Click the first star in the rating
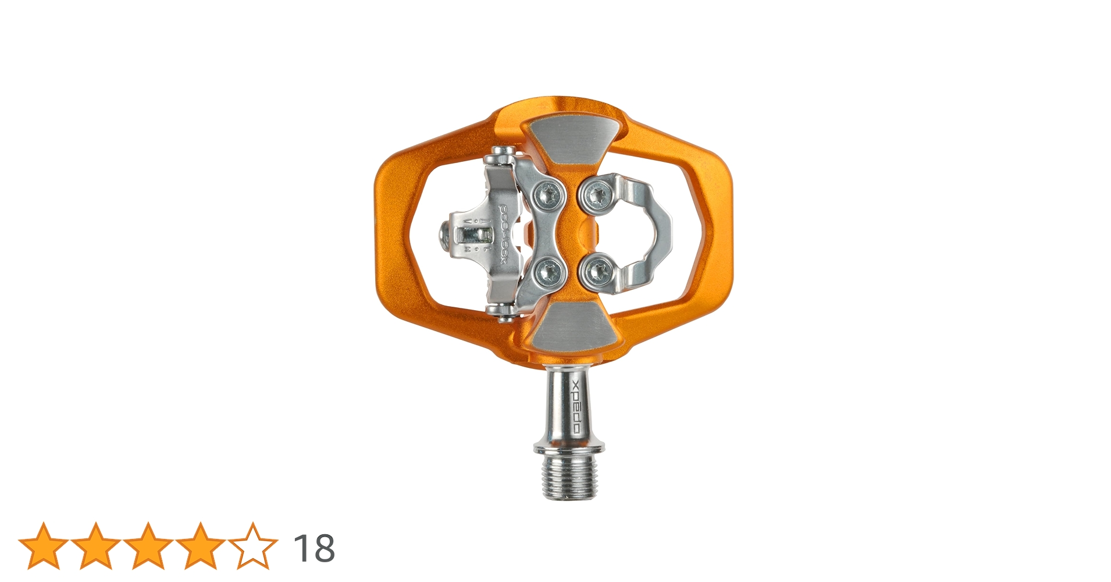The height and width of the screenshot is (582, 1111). (x=44, y=546)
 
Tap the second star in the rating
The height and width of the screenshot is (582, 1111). (x=95, y=546)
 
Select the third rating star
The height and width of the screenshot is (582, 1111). (x=148, y=546)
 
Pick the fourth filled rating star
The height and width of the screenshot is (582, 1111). (x=200, y=546)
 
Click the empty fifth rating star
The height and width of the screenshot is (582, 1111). (x=252, y=546)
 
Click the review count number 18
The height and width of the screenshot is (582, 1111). (x=314, y=548)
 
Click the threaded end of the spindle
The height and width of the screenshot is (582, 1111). (x=568, y=477)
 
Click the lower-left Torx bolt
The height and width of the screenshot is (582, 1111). (x=549, y=270)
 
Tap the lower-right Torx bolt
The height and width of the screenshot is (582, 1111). (x=596, y=271)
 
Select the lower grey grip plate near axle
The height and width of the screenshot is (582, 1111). (x=573, y=326)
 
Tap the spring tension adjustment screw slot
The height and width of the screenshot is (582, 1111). (x=472, y=234)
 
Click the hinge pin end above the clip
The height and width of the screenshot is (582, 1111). (x=501, y=155)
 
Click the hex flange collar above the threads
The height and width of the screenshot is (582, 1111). (x=569, y=447)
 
